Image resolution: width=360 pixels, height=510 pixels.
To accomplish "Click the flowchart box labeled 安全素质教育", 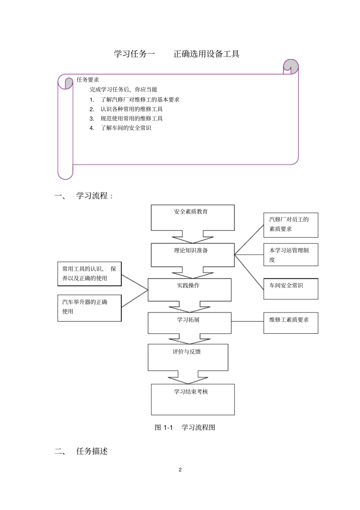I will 193,217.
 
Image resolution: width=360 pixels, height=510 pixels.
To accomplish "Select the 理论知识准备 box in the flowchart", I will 193,255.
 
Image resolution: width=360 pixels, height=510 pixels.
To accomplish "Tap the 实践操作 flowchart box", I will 189,290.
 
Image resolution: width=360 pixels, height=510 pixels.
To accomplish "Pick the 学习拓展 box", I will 189,323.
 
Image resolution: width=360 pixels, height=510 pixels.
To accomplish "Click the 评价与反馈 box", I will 188,357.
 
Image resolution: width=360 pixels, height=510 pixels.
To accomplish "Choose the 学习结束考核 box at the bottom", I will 193,399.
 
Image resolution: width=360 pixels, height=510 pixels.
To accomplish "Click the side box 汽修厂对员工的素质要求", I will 291,225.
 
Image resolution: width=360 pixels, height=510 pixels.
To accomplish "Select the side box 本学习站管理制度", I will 291,254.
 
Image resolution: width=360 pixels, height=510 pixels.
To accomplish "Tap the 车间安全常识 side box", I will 291,289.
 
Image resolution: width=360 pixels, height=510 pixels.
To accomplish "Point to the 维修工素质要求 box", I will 291,323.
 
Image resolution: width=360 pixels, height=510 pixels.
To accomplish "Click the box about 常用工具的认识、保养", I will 89,273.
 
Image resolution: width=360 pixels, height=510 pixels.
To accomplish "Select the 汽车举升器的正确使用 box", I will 89,308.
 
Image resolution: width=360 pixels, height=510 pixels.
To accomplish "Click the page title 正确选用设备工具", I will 206,54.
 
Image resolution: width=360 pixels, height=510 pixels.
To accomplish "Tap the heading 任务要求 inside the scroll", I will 88,80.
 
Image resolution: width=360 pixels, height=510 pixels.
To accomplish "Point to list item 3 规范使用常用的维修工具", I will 131,119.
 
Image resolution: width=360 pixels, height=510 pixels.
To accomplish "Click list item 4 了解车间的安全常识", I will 125,128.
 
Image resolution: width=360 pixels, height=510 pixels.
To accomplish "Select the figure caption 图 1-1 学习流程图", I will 185,427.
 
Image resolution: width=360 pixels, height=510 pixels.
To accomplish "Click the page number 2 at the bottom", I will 180,470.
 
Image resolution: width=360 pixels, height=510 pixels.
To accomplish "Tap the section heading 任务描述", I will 92,451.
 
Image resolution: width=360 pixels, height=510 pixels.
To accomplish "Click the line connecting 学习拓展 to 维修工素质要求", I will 247,322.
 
